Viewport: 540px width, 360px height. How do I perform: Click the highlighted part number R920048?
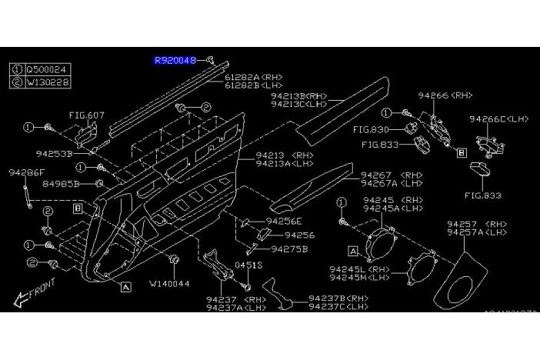(x=175, y=59)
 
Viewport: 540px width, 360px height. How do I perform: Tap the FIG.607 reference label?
(x=86, y=115)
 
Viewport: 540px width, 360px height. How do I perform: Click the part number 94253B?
(x=53, y=154)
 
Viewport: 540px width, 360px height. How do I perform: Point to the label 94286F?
(x=28, y=174)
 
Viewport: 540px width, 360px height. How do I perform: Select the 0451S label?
(x=248, y=265)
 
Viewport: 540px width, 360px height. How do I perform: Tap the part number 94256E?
(x=284, y=221)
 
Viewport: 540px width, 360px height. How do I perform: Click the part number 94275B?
(x=289, y=248)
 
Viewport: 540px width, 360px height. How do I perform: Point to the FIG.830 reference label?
(x=372, y=129)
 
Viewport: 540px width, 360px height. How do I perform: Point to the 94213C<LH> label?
(x=300, y=104)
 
